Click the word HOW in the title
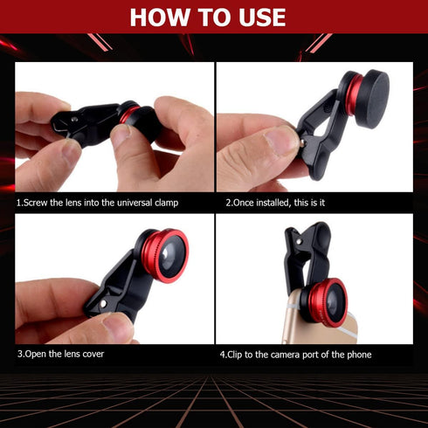165,17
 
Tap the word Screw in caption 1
39,203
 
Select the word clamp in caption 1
164,203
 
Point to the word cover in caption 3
100,355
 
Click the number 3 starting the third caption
19,355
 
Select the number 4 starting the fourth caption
222,355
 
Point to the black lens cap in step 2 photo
376,97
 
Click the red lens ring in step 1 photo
130,114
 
